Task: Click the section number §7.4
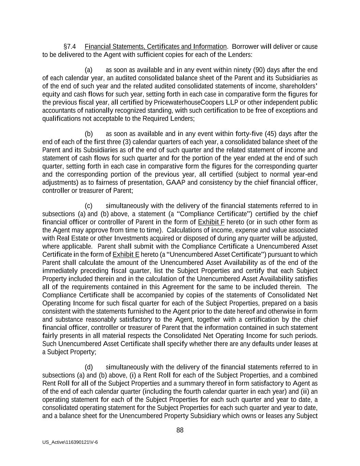[x=70, y=46]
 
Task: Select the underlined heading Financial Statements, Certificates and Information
[x=155, y=46]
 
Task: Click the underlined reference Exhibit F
[x=211, y=222]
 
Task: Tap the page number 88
[x=180, y=430]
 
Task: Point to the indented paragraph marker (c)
[x=89, y=206]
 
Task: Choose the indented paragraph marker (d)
[x=89, y=367]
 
